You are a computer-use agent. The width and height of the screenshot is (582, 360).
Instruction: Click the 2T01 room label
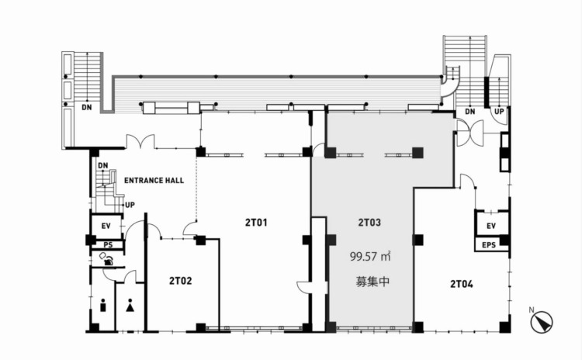click(256, 223)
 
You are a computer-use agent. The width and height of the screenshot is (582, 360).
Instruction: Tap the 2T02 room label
click(181, 281)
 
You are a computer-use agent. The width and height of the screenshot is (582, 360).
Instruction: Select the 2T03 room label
click(369, 223)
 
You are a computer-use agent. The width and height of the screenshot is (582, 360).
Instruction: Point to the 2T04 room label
click(462, 284)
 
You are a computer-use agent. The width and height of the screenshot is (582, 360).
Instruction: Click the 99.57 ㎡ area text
click(370, 257)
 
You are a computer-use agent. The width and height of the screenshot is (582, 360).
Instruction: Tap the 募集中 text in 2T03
click(372, 282)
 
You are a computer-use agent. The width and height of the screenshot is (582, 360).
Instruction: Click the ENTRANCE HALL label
click(154, 181)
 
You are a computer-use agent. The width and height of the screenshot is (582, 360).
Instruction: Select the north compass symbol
click(542, 321)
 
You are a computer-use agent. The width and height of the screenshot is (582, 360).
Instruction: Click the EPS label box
click(488, 245)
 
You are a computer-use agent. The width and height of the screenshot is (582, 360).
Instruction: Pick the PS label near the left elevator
click(108, 245)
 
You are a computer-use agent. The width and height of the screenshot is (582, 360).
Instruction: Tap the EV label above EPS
click(491, 226)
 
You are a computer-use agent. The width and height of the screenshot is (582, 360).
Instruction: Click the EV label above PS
click(106, 226)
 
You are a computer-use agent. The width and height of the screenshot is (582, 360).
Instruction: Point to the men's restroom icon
click(103, 305)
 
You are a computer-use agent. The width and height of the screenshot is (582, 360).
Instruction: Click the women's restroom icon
click(130, 305)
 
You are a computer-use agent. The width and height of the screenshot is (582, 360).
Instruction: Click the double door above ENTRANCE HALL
click(140, 142)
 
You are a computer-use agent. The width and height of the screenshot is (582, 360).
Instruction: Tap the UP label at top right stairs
click(499, 112)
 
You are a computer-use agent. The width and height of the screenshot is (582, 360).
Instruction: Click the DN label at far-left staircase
click(87, 108)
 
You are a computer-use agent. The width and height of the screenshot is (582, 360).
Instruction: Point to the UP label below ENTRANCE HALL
click(130, 205)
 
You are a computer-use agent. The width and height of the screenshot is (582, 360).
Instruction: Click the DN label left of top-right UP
click(470, 112)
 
